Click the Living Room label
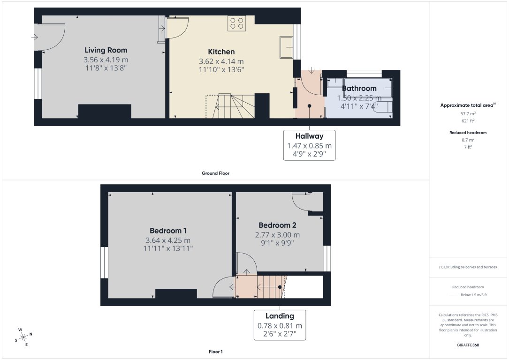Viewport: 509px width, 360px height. coord(106,50)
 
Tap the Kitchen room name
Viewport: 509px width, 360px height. coord(221,52)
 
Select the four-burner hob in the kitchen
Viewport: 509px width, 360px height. coord(237,23)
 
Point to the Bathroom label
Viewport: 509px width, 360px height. coord(359,88)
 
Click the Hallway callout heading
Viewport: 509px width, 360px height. coord(309,136)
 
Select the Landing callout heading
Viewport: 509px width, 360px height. coord(280,316)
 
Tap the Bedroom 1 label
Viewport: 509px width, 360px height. coord(168,231)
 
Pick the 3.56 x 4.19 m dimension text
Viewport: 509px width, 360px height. coord(106,60)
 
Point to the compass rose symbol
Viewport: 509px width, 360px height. coord(23,336)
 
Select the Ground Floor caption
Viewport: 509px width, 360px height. coord(215,173)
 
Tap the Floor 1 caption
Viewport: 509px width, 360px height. coord(215,351)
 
